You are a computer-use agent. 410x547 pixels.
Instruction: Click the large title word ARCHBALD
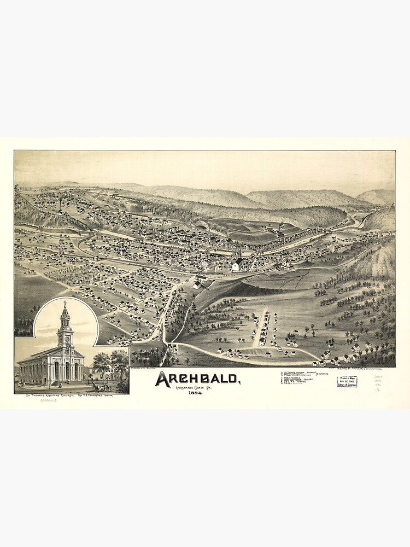pyautogui.click(x=196, y=379)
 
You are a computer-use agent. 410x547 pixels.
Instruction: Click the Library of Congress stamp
pyautogui.click(x=347, y=381)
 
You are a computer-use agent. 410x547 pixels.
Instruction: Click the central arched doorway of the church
pyautogui.click(x=66, y=372)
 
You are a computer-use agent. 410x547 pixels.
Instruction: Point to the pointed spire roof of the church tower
pyautogui.click(x=65, y=313)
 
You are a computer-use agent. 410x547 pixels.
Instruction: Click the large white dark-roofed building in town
pyautogui.click(x=237, y=265)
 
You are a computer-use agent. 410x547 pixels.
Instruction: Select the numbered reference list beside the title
pyautogui.click(x=298, y=379)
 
